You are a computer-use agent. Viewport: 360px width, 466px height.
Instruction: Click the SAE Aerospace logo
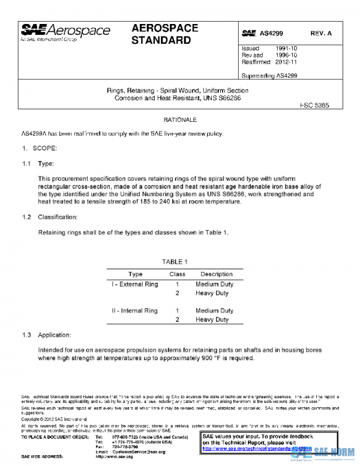pos(65,31)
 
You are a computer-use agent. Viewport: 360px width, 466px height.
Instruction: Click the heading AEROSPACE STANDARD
pos(161,35)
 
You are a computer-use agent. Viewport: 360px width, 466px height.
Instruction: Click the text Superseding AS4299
pos(269,76)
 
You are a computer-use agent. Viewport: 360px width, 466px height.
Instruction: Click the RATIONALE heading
pos(180,120)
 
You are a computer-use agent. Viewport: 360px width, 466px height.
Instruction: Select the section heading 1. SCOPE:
pos(40,148)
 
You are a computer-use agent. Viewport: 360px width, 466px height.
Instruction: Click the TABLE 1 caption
pos(175,262)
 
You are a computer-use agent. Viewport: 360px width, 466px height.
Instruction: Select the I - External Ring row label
pos(135,284)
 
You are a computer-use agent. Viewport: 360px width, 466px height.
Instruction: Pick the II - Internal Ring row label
pos(134,311)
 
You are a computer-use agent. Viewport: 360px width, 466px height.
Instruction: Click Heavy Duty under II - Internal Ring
pos(212,320)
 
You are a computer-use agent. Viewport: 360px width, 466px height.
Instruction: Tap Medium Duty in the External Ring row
pos(214,284)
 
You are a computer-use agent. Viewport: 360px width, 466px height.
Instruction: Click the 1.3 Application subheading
pos(55,334)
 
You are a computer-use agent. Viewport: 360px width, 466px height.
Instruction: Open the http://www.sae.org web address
pos(113,457)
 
